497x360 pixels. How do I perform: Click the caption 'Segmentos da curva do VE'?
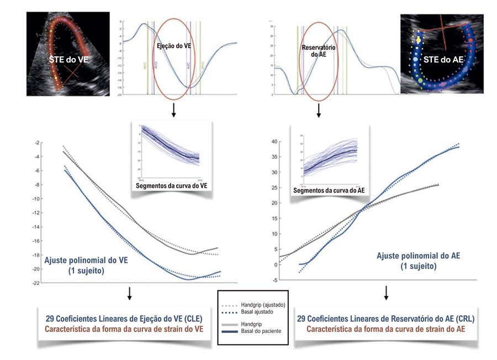[x=171, y=186]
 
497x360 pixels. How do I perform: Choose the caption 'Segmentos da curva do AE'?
[x=329, y=190]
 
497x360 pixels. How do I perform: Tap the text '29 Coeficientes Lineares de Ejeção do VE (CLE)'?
[x=124, y=319]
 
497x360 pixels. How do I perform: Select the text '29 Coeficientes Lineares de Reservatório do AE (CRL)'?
[x=385, y=319]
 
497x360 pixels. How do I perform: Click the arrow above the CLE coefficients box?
[x=129, y=293]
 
